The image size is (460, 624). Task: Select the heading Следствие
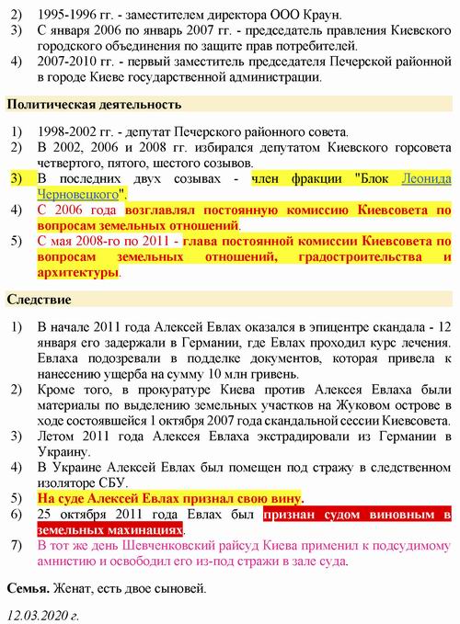coord(40,300)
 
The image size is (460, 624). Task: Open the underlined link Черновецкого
coord(79,195)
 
